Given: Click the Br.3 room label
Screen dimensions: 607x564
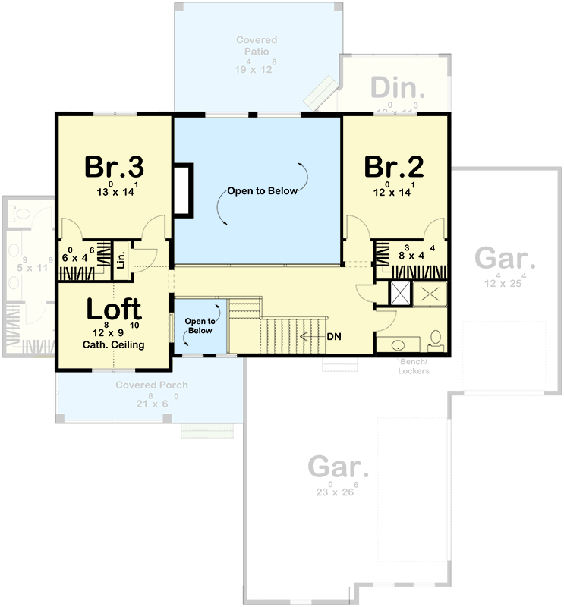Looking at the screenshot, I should click(x=115, y=165).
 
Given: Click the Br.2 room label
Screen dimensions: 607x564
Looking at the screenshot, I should click(x=393, y=165).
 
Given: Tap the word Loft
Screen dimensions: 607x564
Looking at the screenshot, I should click(x=113, y=309).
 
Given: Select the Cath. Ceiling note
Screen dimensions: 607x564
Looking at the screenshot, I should click(x=113, y=344).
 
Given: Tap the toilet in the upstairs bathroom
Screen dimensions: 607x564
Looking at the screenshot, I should click(x=436, y=338).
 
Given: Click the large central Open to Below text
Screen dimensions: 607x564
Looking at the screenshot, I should click(x=263, y=191).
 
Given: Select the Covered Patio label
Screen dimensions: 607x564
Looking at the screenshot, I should click(x=256, y=45).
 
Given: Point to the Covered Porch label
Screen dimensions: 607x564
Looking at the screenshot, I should click(x=151, y=385).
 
